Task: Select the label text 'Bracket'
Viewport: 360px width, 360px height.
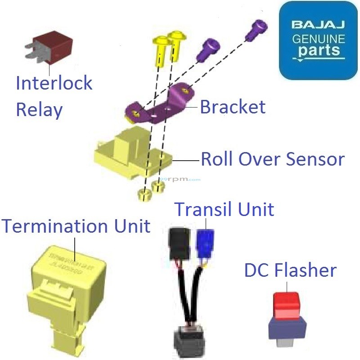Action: (233, 107)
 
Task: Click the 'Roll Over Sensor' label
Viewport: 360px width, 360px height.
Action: (273, 159)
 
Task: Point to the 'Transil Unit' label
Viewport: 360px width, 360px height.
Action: (224, 209)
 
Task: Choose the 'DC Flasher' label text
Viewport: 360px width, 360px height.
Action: (290, 270)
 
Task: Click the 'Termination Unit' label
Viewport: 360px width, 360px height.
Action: (76, 225)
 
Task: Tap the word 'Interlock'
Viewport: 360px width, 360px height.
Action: (54, 83)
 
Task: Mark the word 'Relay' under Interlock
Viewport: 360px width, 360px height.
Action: (39, 109)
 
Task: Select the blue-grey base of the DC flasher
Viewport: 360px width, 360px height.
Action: (287, 327)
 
